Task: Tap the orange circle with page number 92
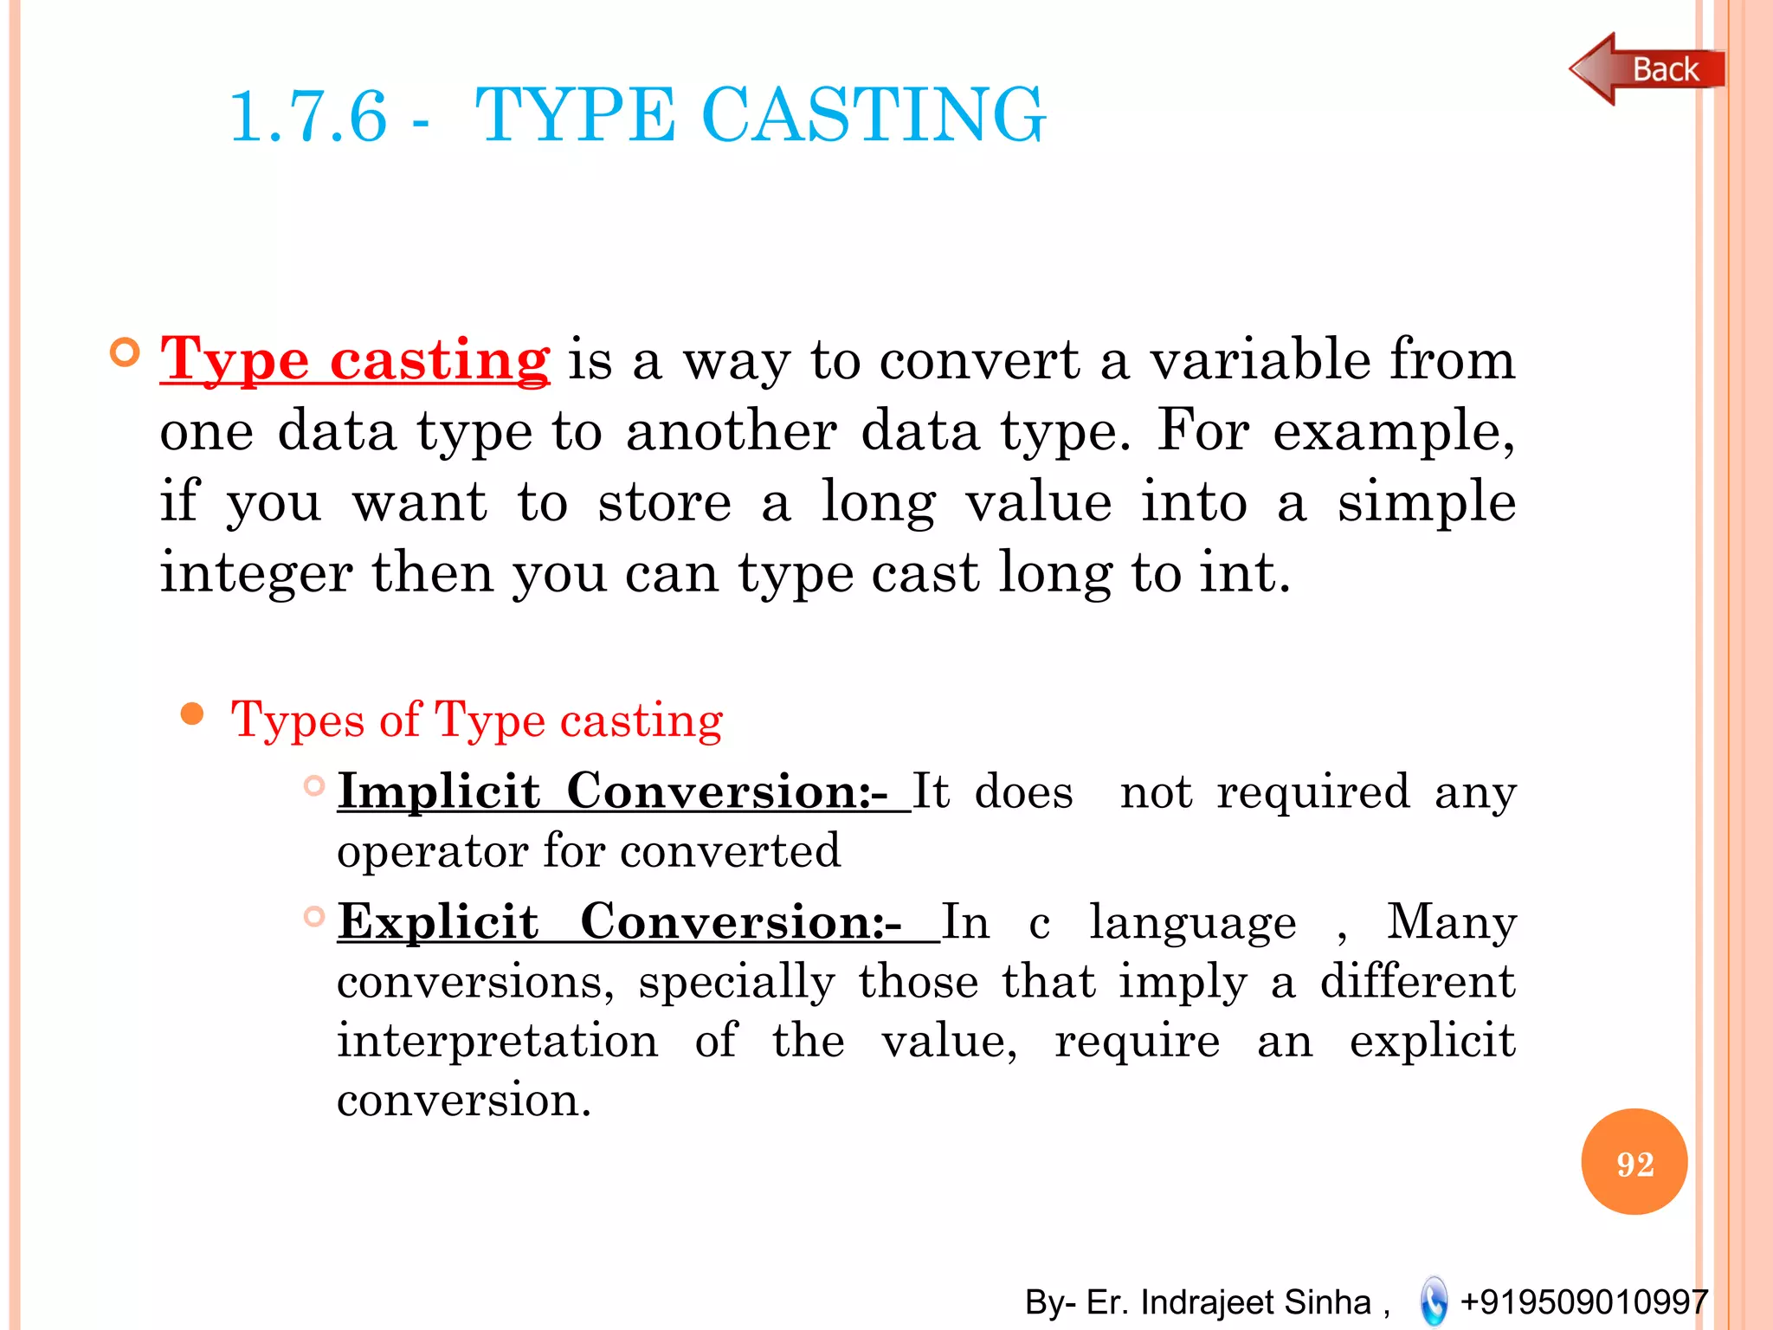coord(1634,1162)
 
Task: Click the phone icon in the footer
coord(1434,1301)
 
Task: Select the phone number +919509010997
coord(1583,1301)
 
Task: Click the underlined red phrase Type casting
coord(355,359)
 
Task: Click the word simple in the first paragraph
coord(1426,501)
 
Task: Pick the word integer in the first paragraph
coord(255,573)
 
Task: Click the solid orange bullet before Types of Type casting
coord(192,715)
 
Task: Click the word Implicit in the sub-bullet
coord(439,791)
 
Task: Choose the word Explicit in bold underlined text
coord(438,920)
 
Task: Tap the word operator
coord(432,850)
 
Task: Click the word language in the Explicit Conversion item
coord(1192,922)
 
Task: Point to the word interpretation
coord(498,1040)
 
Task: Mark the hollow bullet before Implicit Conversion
coord(314,786)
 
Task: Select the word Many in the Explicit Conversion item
coord(1451,920)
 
